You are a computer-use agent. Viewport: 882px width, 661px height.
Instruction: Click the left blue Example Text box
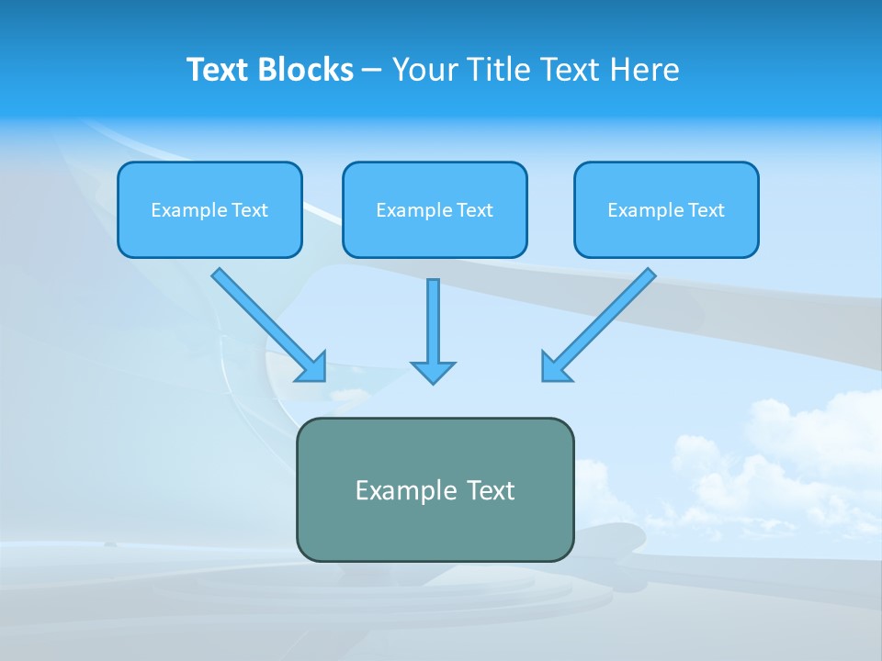209,209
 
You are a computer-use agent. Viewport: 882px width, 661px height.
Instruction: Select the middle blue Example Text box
435,209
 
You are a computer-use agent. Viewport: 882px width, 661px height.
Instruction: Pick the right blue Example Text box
666,209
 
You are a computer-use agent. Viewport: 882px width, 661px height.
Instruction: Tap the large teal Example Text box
435,489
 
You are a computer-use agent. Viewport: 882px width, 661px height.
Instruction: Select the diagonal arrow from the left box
262,318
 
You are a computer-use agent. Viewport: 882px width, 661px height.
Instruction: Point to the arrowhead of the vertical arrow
433,372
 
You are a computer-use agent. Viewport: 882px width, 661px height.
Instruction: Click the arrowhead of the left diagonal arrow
314,368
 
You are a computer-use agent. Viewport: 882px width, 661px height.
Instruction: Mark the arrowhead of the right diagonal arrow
554,368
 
